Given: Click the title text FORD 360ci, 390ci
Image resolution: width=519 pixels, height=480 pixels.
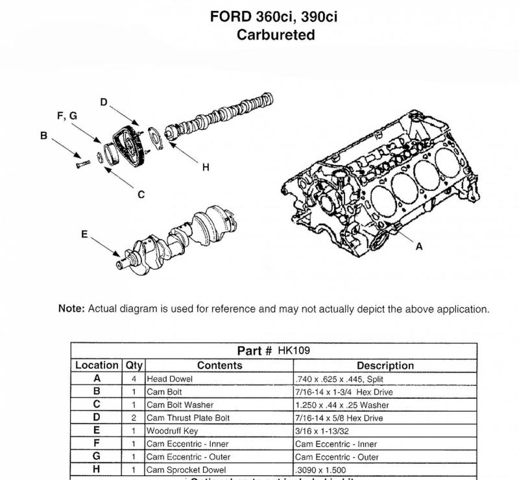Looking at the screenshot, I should (x=274, y=17).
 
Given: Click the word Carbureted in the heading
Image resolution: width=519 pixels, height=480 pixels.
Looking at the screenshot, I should (x=276, y=35).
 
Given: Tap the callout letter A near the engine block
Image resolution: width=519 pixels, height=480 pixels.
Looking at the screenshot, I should (x=418, y=246).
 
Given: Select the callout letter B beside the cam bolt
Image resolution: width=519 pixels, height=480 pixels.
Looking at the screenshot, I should (x=43, y=136).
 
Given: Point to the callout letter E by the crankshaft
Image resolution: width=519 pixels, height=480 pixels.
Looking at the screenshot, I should (x=84, y=234).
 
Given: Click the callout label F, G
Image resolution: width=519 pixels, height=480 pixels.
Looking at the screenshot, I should (x=67, y=116).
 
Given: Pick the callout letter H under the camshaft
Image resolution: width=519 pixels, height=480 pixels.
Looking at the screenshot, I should (x=206, y=168).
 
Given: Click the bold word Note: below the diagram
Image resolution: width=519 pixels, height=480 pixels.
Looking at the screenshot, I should (x=71, y=309).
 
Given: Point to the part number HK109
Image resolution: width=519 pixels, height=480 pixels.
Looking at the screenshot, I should (x=294, y=351).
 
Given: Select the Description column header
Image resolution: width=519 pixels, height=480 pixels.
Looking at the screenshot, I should (x=385, y=366).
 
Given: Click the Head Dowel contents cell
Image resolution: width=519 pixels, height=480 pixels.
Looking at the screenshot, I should (x=167, y=379).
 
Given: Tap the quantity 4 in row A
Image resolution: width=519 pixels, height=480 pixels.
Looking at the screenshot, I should (x=134, y=379).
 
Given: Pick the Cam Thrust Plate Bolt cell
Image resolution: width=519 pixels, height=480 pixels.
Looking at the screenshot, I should (x=188, y=418).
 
